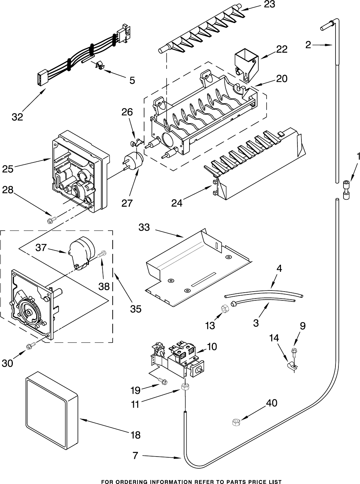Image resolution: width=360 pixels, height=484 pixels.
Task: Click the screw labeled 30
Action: click(x=30, y=345)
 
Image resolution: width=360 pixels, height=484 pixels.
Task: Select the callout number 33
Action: click(x=144, y=228)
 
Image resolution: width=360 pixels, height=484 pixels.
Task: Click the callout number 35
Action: click(x=135, y=309)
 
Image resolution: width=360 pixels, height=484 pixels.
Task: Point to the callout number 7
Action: click(x=135, y=456)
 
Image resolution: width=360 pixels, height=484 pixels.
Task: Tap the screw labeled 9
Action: click(x=293, y=351)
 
